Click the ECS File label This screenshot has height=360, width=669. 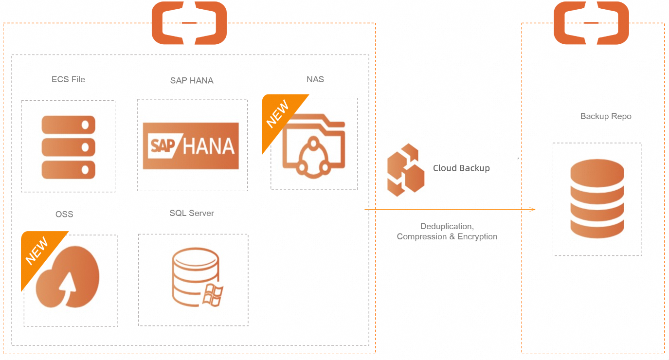(x=68, y=79)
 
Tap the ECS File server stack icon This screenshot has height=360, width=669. (x=68, y=147)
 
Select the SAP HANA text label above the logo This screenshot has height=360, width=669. (x=192, y=80)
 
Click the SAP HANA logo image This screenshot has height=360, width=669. (x=191, y=145)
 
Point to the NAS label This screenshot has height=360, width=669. (x=315, y=79)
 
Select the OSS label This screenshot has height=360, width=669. (x=64, y=214)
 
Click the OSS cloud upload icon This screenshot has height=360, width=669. (x=68, y=277)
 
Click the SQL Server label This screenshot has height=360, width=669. (x=192, y=213)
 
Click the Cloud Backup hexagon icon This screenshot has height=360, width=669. (x=405, y=170)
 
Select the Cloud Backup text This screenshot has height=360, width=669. (x=461, y=168)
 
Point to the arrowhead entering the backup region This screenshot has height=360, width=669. (x=533, y=210)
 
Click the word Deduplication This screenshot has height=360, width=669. (x=447, y=226)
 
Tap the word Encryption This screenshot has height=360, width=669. (x=477, y=236)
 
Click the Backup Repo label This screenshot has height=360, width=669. (x=606, y=116)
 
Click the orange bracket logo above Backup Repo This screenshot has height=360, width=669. (x=591, y=23)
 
